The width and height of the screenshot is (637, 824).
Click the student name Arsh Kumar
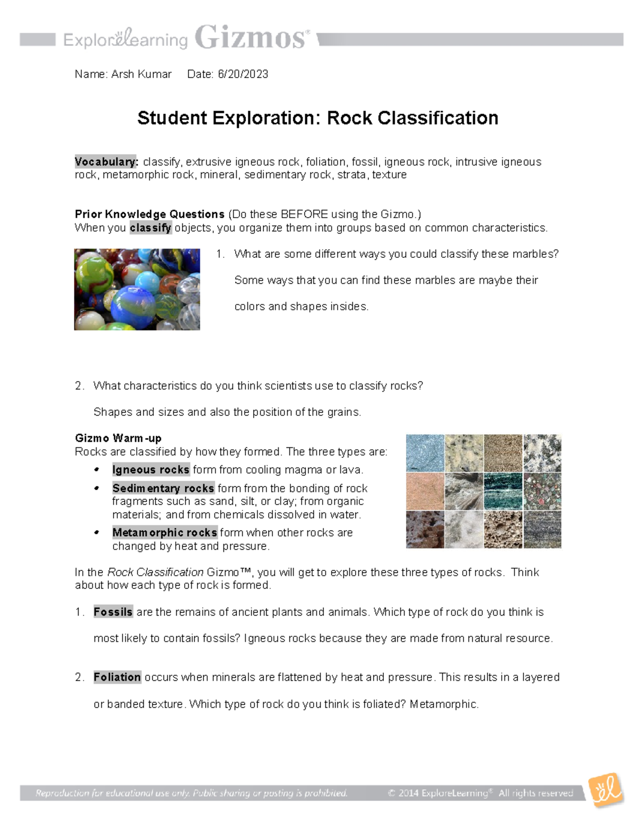tap(141, 74)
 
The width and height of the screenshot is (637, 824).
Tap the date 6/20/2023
tap(243, 74)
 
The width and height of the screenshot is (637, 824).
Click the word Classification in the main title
tap(412, 118)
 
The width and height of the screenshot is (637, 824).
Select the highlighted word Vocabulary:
tap(106, 162)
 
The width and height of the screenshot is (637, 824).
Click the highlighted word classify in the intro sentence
tap(151, 228)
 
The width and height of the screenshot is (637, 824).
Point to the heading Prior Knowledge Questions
tap(150, 214)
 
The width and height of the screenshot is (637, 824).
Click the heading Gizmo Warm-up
tap(118, 438)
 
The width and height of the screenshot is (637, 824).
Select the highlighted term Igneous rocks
tap(151, 470)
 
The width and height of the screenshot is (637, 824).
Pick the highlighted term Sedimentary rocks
tap(163, 488)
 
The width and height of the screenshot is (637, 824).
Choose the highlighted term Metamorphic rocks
tap(165, 533)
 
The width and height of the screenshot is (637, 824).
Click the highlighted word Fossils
tap(113, 612)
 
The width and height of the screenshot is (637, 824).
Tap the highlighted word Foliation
tap(117, 678)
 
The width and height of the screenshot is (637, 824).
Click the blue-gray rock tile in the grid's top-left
tap(425, 453)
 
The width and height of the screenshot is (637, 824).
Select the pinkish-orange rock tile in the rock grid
tap(425, 491)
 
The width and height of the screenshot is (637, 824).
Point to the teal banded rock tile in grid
tap(503, 491)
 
